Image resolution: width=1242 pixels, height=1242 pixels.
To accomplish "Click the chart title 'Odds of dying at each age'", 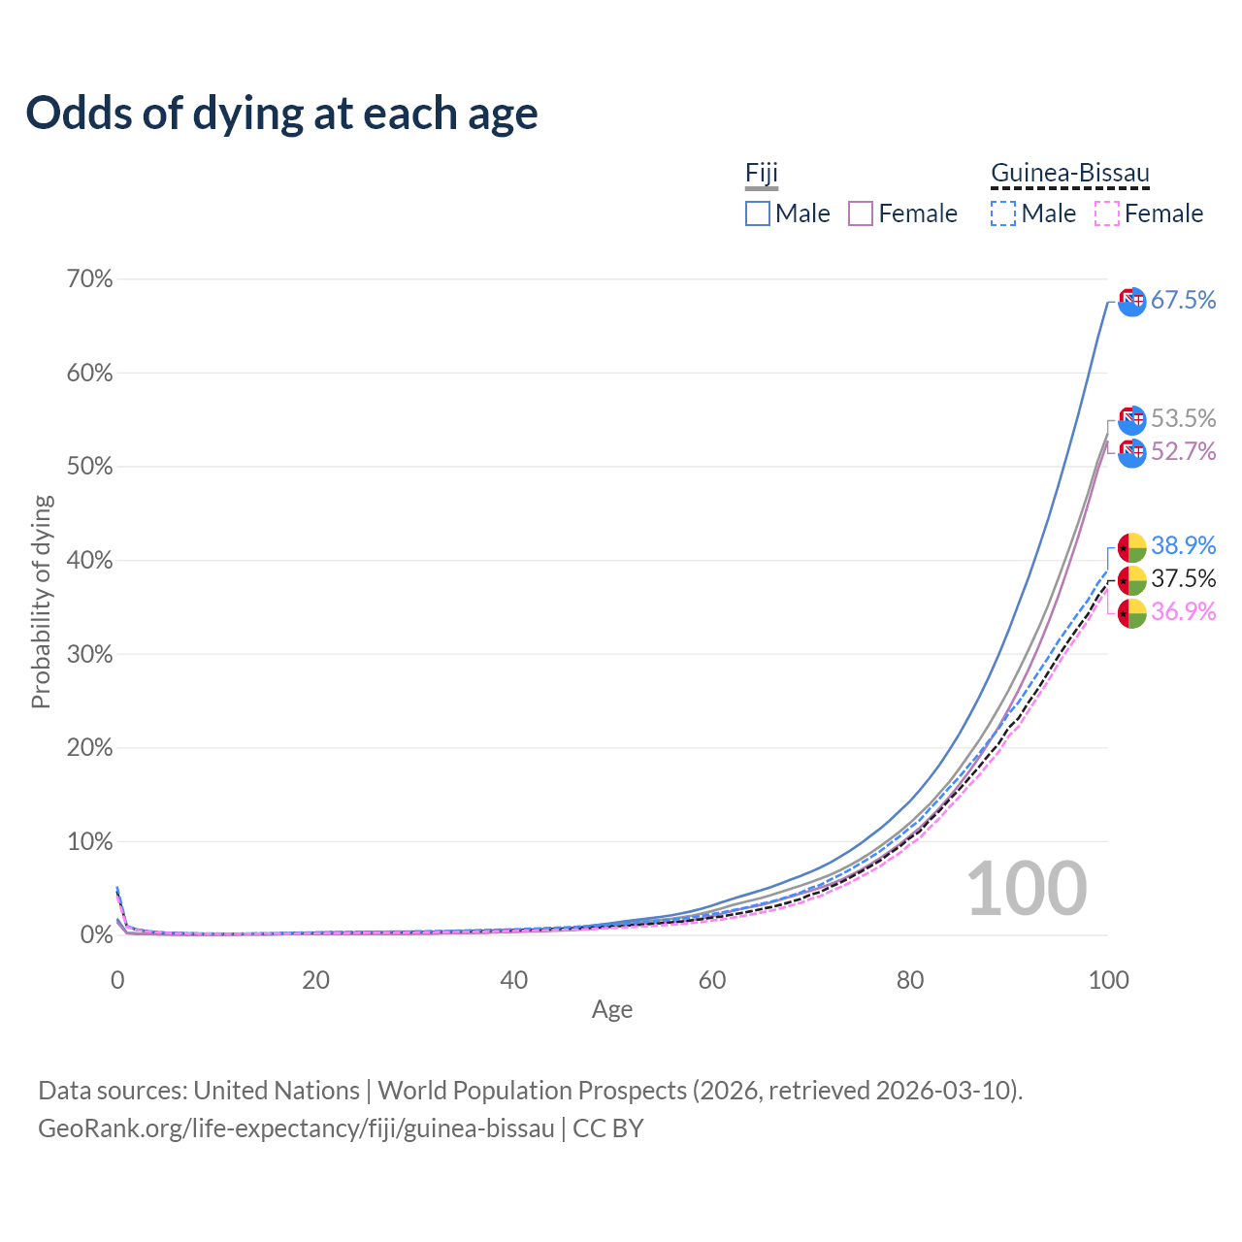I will [281, 114].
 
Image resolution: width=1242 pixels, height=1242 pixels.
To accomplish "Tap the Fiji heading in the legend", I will [762, 174].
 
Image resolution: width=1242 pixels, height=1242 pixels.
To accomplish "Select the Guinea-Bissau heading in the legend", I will [1069, 174].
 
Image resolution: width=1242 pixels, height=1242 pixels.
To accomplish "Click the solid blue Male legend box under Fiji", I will [758, 213].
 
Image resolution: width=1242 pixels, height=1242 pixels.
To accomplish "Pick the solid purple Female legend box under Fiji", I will [861, 213].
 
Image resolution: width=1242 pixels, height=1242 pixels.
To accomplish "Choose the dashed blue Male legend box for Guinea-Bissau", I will [1003, 213].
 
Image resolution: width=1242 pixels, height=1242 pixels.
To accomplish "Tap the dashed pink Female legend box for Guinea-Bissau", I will [1106, 213].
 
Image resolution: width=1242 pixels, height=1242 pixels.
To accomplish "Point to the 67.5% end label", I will [1183, 301].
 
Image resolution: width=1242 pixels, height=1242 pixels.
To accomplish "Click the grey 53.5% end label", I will [1183, 419].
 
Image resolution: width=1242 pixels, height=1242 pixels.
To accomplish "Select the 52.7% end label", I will [1183, 452].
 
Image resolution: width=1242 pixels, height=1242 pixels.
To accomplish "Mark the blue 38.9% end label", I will [1183, 546].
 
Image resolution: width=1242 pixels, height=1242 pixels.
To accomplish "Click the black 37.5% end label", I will [1183, 579].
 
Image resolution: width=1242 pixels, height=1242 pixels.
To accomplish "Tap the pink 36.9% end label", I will [1183, 612].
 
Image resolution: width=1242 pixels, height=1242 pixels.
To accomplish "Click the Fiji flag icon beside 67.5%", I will [1132, 302].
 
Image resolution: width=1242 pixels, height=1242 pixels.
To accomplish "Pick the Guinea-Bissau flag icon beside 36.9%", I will [1132, 613].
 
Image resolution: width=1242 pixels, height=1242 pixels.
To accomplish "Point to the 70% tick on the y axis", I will [89, 279].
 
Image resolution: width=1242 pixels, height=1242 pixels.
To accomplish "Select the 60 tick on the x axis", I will [712, 980].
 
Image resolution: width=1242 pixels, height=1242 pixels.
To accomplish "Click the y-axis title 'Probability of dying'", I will [41, 602].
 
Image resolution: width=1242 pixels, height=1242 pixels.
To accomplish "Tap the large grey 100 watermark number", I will [1027, 889].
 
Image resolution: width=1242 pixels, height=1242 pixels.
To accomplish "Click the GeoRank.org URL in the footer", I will [296, 1128].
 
